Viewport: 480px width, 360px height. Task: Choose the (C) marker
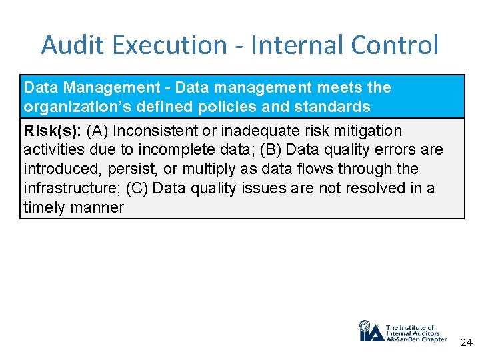[x=137, y=189]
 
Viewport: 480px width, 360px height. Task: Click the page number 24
[x=466, y=343]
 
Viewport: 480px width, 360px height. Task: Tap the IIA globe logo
[x=370, y=331]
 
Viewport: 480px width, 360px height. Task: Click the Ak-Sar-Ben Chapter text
[x=416, y=339]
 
